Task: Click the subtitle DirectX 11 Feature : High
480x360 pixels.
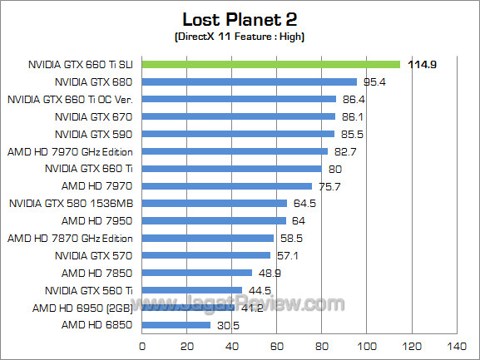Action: [x=240, y=37]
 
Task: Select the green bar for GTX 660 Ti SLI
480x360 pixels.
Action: [x=271, y=64]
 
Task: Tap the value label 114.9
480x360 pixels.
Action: [x=422, y=64]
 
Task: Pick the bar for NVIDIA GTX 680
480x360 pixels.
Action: [x=250, y=81]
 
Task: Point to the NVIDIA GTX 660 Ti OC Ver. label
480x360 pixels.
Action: [x=72, y=99]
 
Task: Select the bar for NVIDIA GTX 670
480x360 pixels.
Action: [x=239, y=116]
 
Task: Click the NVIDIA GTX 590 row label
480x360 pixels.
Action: [x=94, y=134]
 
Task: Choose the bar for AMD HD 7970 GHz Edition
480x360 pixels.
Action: [x=235, y=151]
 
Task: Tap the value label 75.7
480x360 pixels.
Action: [x=330, y=186]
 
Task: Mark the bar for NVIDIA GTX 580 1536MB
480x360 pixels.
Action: [x=215, y=203]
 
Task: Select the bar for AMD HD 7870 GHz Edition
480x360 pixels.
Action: [x=208, y=238]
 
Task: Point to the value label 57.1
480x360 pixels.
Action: [x=289, y=255]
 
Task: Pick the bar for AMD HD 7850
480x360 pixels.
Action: [x=197, y=273]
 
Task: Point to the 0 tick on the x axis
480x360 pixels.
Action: [x=143, y=345]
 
